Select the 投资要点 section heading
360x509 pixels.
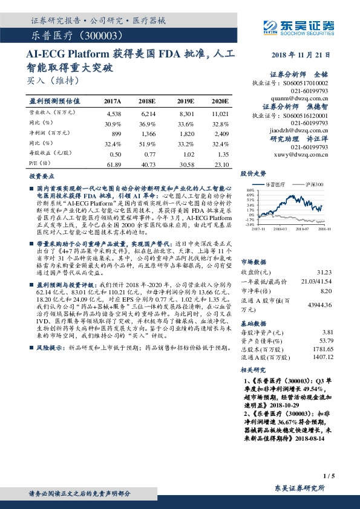42,176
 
